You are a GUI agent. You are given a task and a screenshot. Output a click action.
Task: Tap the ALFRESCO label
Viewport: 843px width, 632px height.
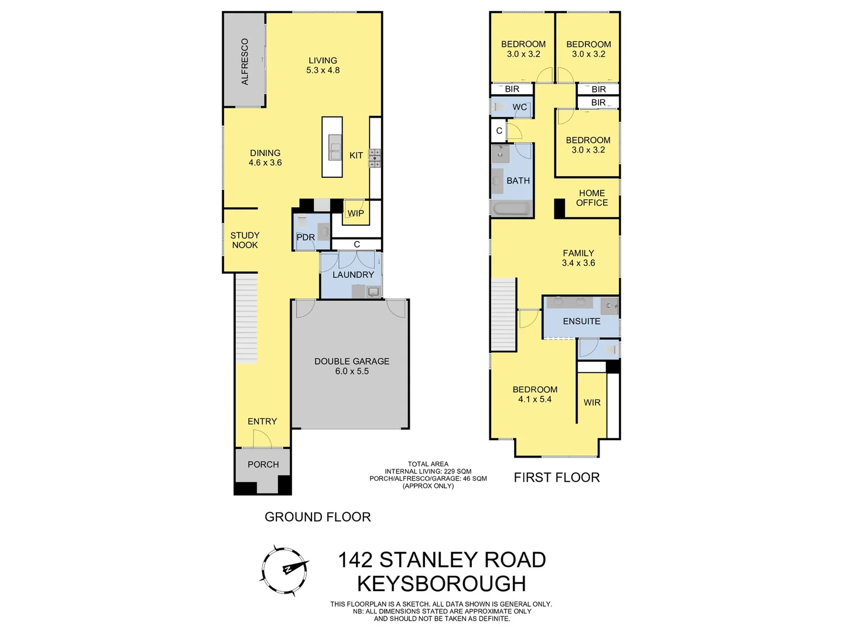[245, 61]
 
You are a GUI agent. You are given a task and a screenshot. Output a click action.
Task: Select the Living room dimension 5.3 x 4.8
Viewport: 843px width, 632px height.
[323, 70]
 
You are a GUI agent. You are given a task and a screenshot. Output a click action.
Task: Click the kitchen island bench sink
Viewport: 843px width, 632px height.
[335, 147]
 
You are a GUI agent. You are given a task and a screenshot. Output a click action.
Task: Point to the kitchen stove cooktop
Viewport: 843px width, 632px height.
[375, 158]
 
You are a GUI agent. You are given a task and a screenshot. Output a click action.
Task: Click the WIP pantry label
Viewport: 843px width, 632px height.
[355, 213]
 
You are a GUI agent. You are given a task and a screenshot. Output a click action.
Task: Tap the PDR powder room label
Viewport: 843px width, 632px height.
[306, 237]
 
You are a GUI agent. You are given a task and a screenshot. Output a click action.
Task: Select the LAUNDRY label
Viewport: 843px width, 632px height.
[353, 274]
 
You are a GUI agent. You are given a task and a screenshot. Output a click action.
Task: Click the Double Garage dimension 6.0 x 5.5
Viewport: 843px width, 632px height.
[352, 371]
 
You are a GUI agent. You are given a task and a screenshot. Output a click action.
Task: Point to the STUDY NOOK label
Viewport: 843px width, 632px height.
[245, 240]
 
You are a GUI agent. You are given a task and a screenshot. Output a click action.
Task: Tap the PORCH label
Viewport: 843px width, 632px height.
[263, 464]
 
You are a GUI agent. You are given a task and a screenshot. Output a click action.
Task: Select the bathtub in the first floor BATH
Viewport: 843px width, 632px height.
[512, 209]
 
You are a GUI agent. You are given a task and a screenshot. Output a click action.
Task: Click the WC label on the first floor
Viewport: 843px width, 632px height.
[519, 107]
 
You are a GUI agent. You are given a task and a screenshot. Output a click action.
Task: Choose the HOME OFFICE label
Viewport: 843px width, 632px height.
[592, 198]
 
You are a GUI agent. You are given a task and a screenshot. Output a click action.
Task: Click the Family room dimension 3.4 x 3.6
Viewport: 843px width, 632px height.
[578, 263]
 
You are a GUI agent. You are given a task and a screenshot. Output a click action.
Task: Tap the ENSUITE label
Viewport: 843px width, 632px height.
[581, 321]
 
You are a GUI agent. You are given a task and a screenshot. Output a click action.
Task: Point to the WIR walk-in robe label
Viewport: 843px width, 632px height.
[592, 403]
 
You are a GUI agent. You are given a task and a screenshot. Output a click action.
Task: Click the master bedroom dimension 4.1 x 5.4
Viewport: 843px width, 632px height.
[534, 399]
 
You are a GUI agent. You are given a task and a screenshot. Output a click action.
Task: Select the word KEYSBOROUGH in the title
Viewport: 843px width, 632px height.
[441, 583]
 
